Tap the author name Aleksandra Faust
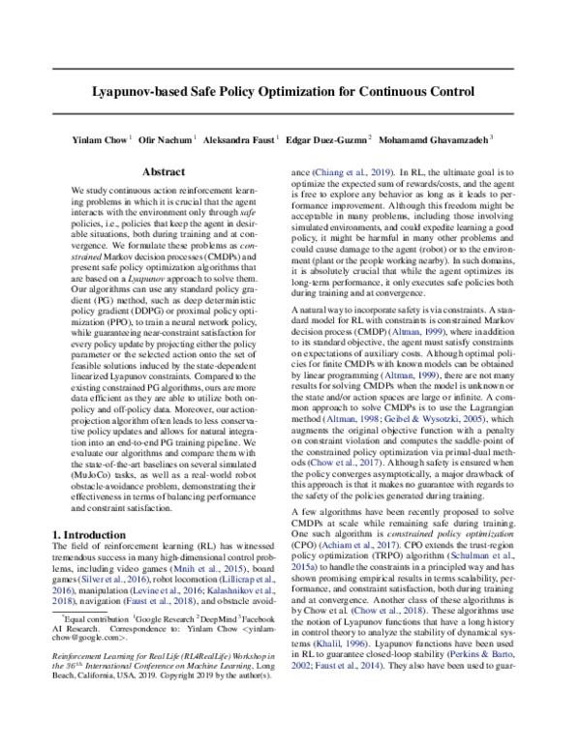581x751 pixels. point(238,138)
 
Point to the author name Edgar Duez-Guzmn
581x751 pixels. point(327,138)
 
